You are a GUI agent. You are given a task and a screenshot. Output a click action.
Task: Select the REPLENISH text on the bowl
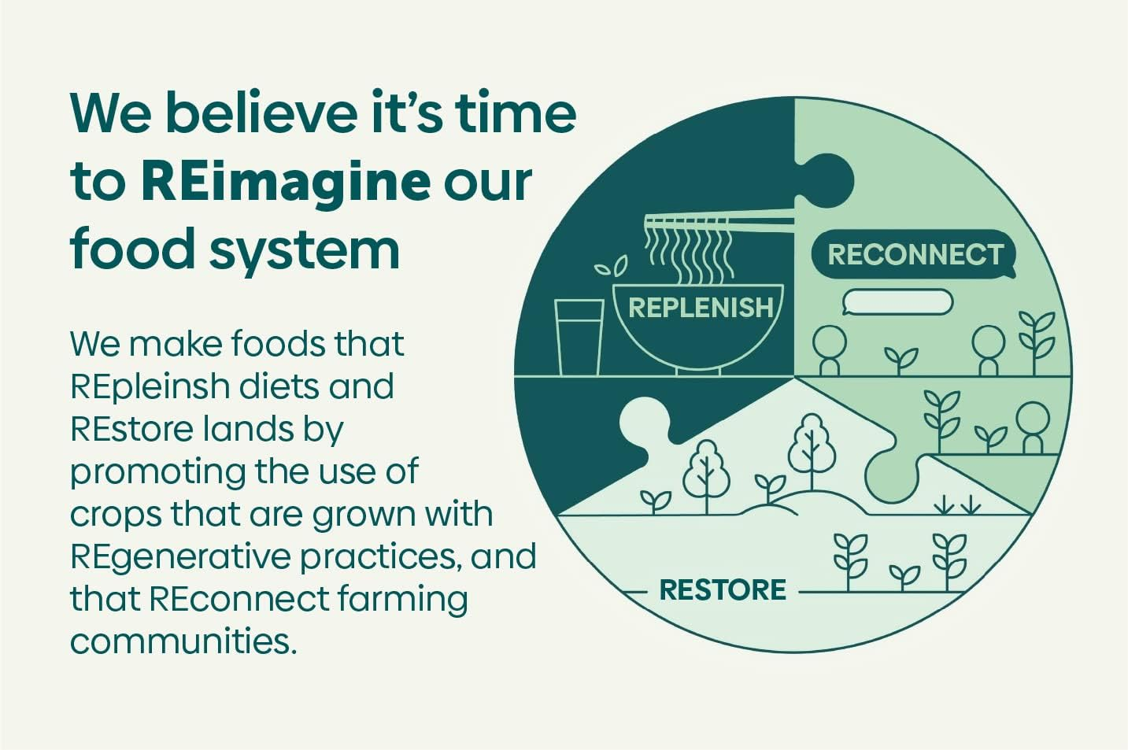click(x=701, y=307)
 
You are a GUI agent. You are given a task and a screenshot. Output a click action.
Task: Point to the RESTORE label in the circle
click(x=723, y=590)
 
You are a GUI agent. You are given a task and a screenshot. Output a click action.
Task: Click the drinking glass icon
click(x=579, y=338)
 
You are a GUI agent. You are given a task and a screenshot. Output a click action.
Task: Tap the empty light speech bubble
click(x=897, y=302)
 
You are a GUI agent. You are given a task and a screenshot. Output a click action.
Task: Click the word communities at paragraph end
click(x=183, y=641)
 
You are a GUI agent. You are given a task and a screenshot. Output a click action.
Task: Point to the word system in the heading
click(x=305, y=250)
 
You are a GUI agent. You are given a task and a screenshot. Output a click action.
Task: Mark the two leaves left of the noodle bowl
click(x=612, y=265)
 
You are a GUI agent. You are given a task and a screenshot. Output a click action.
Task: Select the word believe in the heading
click(x=261, y=113)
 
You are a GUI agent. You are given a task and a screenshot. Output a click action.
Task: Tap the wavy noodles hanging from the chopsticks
click(x=689, y=254)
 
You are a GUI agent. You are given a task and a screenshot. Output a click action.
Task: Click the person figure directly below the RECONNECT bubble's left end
click(x=830, y=350)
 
